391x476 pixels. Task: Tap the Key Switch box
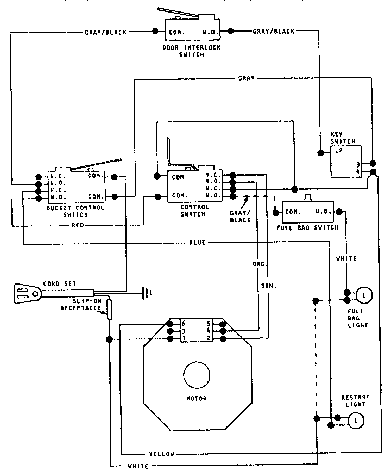click(345, 162)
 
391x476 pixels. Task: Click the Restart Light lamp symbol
click(356, 421)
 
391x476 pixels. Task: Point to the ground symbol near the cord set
click(147, 294)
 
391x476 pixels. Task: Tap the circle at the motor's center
click(197, 376)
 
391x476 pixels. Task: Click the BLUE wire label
click(197, 242)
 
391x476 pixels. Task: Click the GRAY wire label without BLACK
click(247, 78)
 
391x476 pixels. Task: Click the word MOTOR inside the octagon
click(196, 398)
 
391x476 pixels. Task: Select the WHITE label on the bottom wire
click(140, 467)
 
